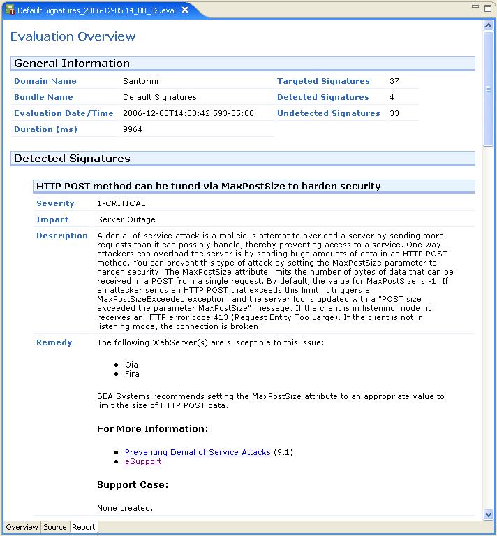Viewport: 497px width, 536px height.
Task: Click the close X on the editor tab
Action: tap(184, 10)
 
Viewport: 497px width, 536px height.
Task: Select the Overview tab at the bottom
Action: tap(22, 527)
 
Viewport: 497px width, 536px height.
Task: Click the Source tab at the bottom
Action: tap(55, 527)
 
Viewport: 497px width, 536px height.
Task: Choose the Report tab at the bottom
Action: tap(84, 527)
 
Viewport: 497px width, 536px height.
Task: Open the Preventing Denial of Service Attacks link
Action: tap(198, 452)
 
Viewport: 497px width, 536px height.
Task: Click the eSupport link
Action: tap(143, 461)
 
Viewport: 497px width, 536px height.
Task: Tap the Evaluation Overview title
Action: tap(73, 36)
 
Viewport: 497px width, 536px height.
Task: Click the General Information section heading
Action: tap(72, 64)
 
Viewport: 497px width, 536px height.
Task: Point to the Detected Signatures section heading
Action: tap(72, 159)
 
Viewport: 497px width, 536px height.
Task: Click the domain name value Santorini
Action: tap(140, 81)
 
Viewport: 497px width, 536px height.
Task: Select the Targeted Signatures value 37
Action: tap(394, 81)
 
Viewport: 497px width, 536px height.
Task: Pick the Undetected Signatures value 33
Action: tap(394, 113)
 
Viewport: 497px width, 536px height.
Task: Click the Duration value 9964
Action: tap(133, 129)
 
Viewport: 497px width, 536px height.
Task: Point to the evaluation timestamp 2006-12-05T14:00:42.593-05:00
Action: tap(188, 113)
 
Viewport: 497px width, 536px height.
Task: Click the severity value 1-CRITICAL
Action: tap(121, 203)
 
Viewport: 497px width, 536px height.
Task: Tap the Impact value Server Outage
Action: tap(126, 219)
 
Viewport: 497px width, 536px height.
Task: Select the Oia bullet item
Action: tap(131, 365)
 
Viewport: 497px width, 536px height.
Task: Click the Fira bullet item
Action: tap(131, 374)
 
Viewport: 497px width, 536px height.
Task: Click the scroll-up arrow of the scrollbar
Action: tap(489, 26)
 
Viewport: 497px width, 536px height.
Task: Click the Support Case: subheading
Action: tap(133, 484)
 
